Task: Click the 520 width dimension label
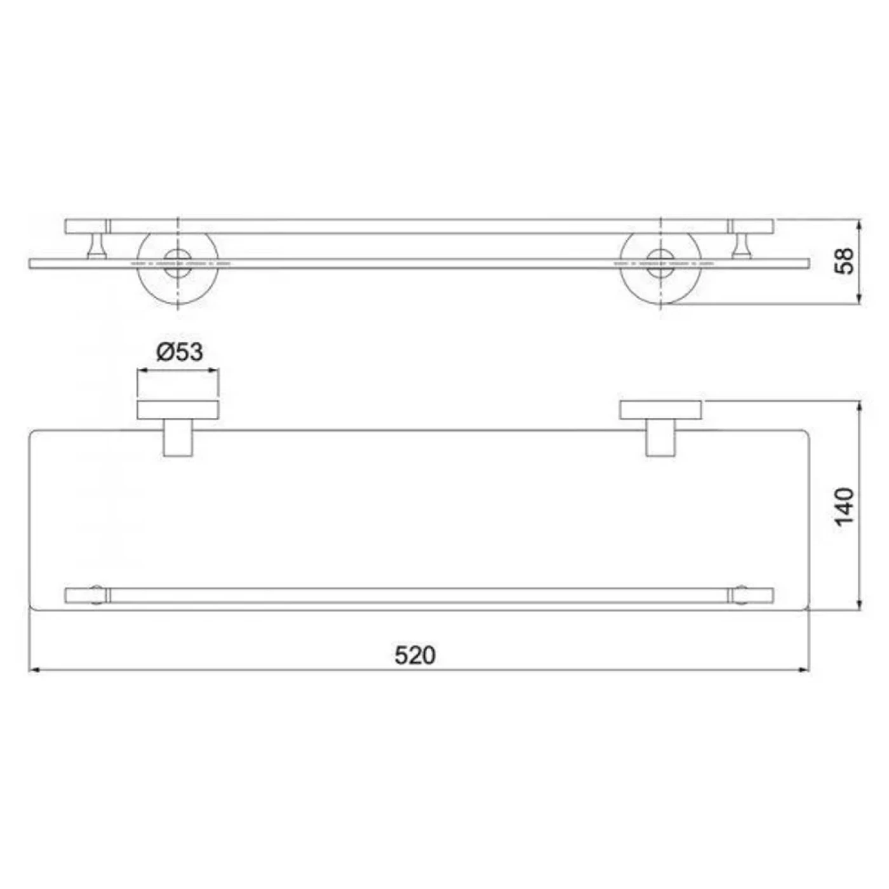coord(415,655)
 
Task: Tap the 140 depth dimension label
coord(845,506)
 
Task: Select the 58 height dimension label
coord(845,261)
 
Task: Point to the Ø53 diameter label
coord(180,352)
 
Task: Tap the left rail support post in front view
coord(97,246)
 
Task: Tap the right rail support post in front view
coord(742,246)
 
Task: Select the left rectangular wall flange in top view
coord(178,410)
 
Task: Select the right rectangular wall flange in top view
coord(660,410)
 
